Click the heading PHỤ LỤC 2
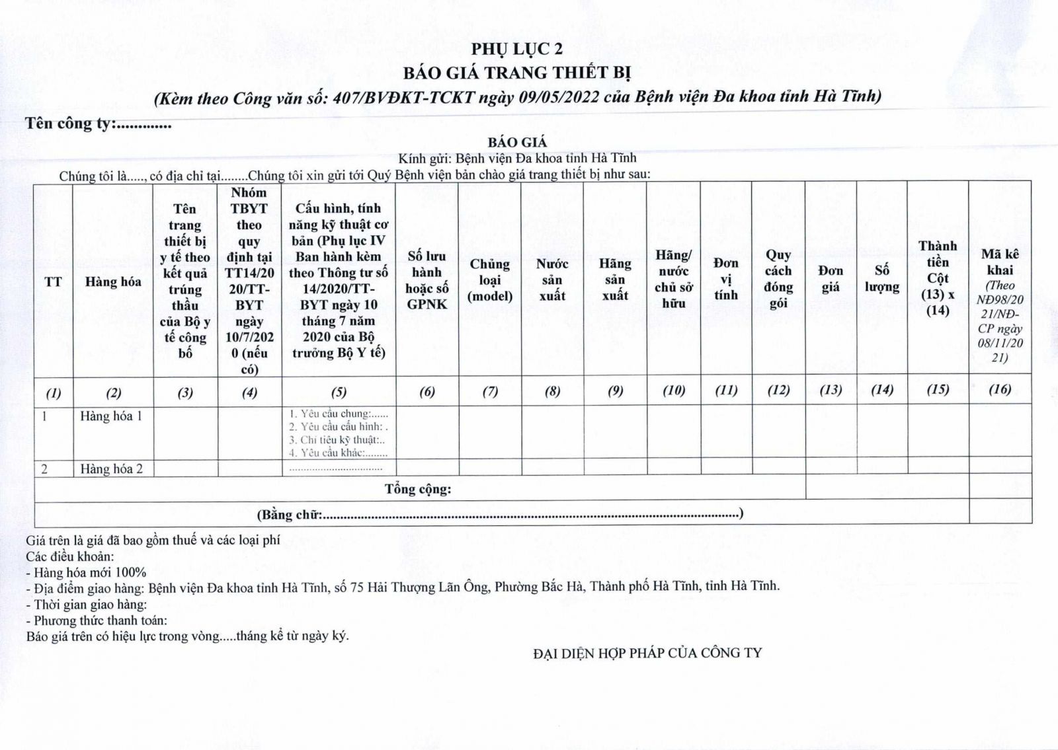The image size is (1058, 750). (517, 50)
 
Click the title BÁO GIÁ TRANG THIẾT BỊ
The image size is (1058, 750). (517, 72)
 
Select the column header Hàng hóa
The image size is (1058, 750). (113, 281)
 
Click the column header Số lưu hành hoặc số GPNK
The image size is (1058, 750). (427, 280)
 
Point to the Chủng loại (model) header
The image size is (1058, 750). (490, 280)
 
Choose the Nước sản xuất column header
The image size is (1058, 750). (552, 280)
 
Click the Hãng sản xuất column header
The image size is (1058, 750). (615, 280)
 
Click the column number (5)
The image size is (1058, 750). (339, 392)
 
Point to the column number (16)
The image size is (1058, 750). (1000, 390)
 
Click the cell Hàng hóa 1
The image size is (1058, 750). (111, 416)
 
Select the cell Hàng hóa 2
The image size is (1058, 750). (111, 469)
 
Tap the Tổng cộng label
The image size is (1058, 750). (418, 489)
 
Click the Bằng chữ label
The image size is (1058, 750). (289, 515)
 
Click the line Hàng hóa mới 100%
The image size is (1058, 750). (86, 572)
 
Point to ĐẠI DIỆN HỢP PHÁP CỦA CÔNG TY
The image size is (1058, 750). (647, 654)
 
